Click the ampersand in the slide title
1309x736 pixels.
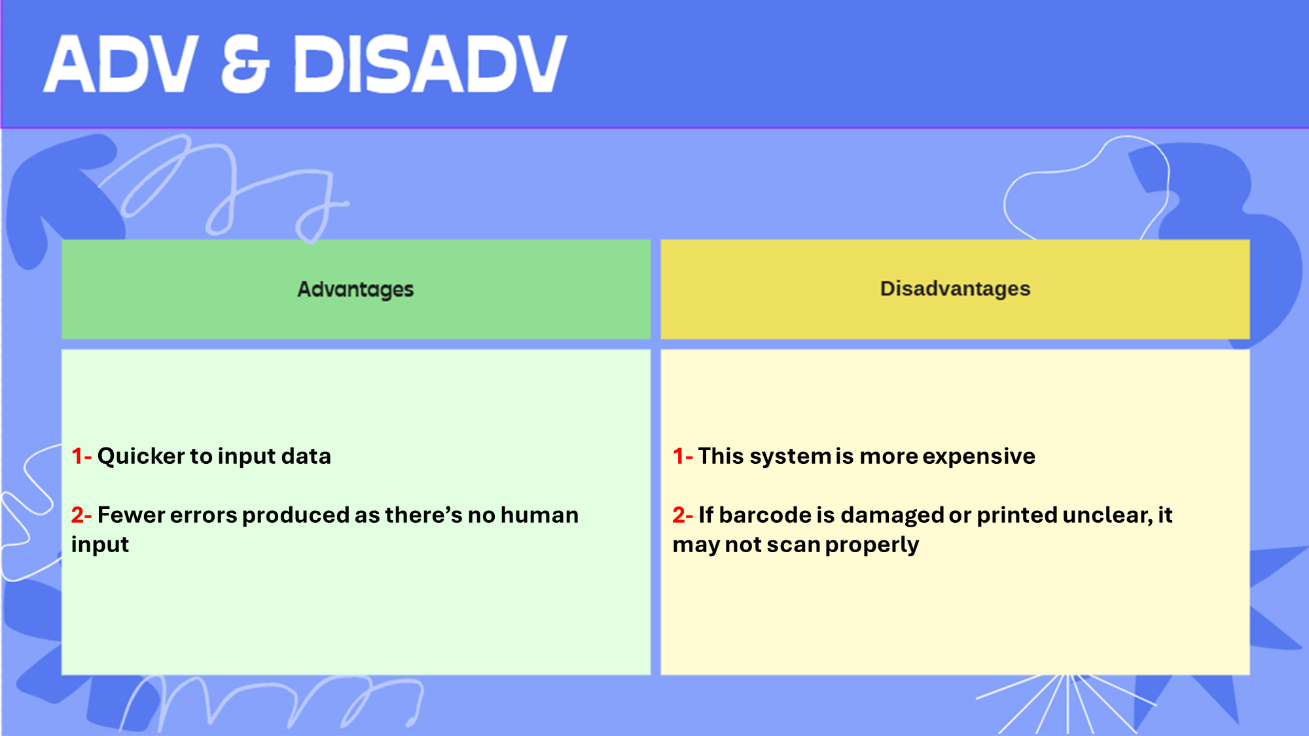click(245, 64)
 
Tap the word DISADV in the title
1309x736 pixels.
click(429, 64)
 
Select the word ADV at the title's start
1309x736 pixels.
click(121, 64)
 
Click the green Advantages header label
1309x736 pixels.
click(355, 289)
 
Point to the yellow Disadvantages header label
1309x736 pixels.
click(955, 289)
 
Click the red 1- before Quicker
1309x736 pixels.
click(81, 456)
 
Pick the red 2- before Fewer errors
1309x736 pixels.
click(81, 515)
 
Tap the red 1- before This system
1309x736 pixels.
click(683, 456)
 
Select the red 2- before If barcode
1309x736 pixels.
click(683, 515)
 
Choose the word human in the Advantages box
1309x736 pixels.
click(539, 515)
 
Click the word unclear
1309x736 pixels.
click(1107, 516)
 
